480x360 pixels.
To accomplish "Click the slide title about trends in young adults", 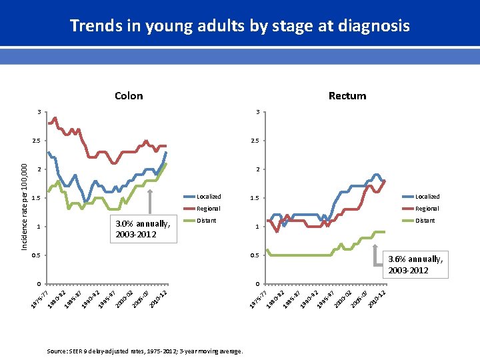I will tap(239, 26).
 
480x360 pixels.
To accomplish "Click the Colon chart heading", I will tap(129, 95).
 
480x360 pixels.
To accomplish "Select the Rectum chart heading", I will tap(347, 95).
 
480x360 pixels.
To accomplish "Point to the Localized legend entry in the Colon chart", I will tap(208, 197).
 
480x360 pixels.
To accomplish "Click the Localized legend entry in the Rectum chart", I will tap(427, 197).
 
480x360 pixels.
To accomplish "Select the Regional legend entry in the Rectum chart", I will tap(427, 209).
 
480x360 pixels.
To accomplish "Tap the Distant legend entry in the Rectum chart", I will tap(425, 220).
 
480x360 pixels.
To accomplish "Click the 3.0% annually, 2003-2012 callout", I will tap(143, 228).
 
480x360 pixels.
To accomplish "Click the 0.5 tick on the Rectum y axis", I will tap(255, 255).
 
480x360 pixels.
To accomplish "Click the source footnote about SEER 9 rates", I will tap(145, 351).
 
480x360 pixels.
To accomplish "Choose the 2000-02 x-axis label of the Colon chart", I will tap(124, 299).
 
